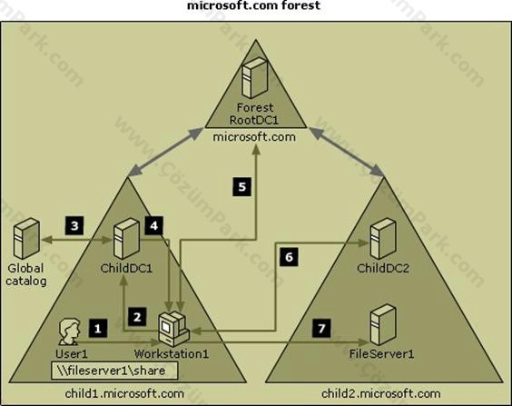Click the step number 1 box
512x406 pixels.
tap(98, 328)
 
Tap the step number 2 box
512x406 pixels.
tap(137, 316)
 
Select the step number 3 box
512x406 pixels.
tap(74, 225)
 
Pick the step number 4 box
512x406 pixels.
tap(153, 225)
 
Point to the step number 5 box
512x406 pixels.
tap(242, 187)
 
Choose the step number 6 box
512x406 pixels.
tap(289, 257)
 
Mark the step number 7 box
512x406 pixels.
tap(321, 328)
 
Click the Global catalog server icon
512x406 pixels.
tap(26, 239)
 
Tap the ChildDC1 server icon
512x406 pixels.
tap(127, 239)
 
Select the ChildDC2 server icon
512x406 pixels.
tap(383, 239)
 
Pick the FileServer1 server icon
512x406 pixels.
tap(383, 324)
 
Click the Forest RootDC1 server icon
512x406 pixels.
tap(255, 78)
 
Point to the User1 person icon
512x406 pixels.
tap(69, 332)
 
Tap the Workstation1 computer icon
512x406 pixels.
tap(173, 329)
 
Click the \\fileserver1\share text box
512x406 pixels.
tap(114, 371)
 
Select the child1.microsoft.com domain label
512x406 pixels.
tap(124, 393)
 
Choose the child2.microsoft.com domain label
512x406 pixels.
tap(380, 393)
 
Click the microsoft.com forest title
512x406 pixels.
tap(253, 5)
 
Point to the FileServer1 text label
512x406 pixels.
tap(381, 354)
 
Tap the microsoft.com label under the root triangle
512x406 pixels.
tap(254, 136)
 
